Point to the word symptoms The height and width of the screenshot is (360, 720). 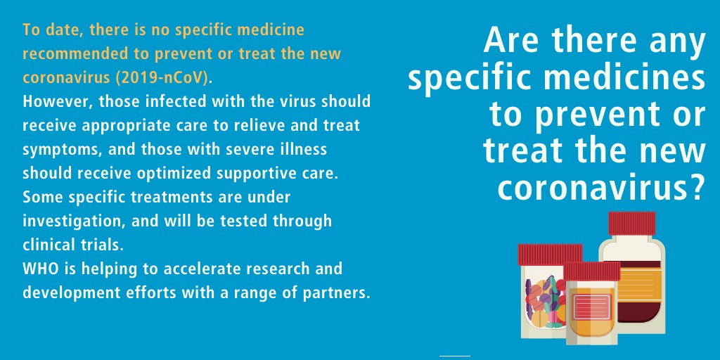coord(56,150)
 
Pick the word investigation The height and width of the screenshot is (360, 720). coord(72,221)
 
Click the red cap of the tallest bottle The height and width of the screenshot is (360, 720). coord(632,223)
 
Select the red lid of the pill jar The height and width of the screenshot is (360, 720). coord(550,255)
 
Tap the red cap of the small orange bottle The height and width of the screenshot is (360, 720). coord(591,271)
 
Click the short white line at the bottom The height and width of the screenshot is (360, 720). coord(455,356)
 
